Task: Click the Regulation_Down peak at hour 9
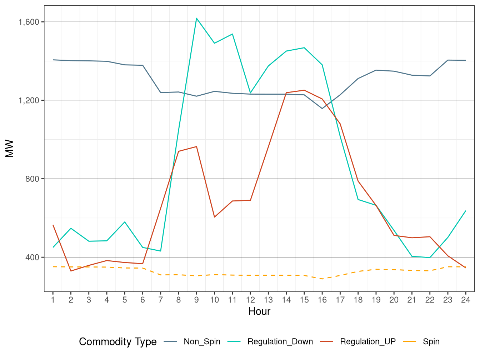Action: [196, 18]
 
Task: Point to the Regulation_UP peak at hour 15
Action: [304, 90]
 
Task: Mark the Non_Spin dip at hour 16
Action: [322, 109]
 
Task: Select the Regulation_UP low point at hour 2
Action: [71, 271]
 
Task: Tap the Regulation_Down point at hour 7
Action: [161, 251]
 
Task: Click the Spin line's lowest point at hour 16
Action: [322, 279]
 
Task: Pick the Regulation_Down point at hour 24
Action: [466, 211]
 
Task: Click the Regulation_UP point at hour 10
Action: [214, 217]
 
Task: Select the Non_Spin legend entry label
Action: [202, 342]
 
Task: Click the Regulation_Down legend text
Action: [280, 342]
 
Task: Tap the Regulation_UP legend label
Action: [367, 342]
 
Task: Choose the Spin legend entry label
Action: [431, 342]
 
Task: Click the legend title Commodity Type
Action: [118, 342]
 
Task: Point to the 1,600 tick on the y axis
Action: [29, 22]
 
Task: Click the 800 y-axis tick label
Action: [32, 179]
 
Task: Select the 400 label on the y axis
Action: [32, 257]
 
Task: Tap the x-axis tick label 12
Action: [250, 300]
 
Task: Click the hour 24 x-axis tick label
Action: [466, 300]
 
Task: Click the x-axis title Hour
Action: [259, 311]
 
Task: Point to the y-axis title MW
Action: [10, 149]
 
